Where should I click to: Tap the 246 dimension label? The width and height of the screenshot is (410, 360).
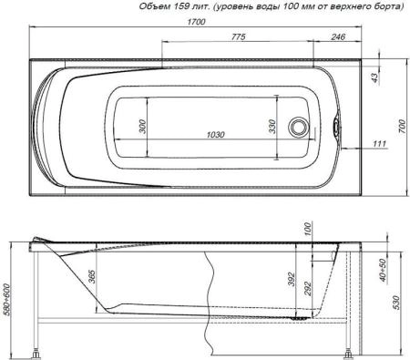[337, 37]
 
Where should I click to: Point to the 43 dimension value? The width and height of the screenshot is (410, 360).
[373, 78]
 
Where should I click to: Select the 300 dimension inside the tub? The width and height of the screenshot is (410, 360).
[142, 126]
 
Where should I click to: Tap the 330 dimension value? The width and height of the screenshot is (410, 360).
[272, 126]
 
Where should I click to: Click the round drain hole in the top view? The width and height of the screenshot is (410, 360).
[298, 127]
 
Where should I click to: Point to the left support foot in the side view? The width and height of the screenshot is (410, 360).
[38, 350]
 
